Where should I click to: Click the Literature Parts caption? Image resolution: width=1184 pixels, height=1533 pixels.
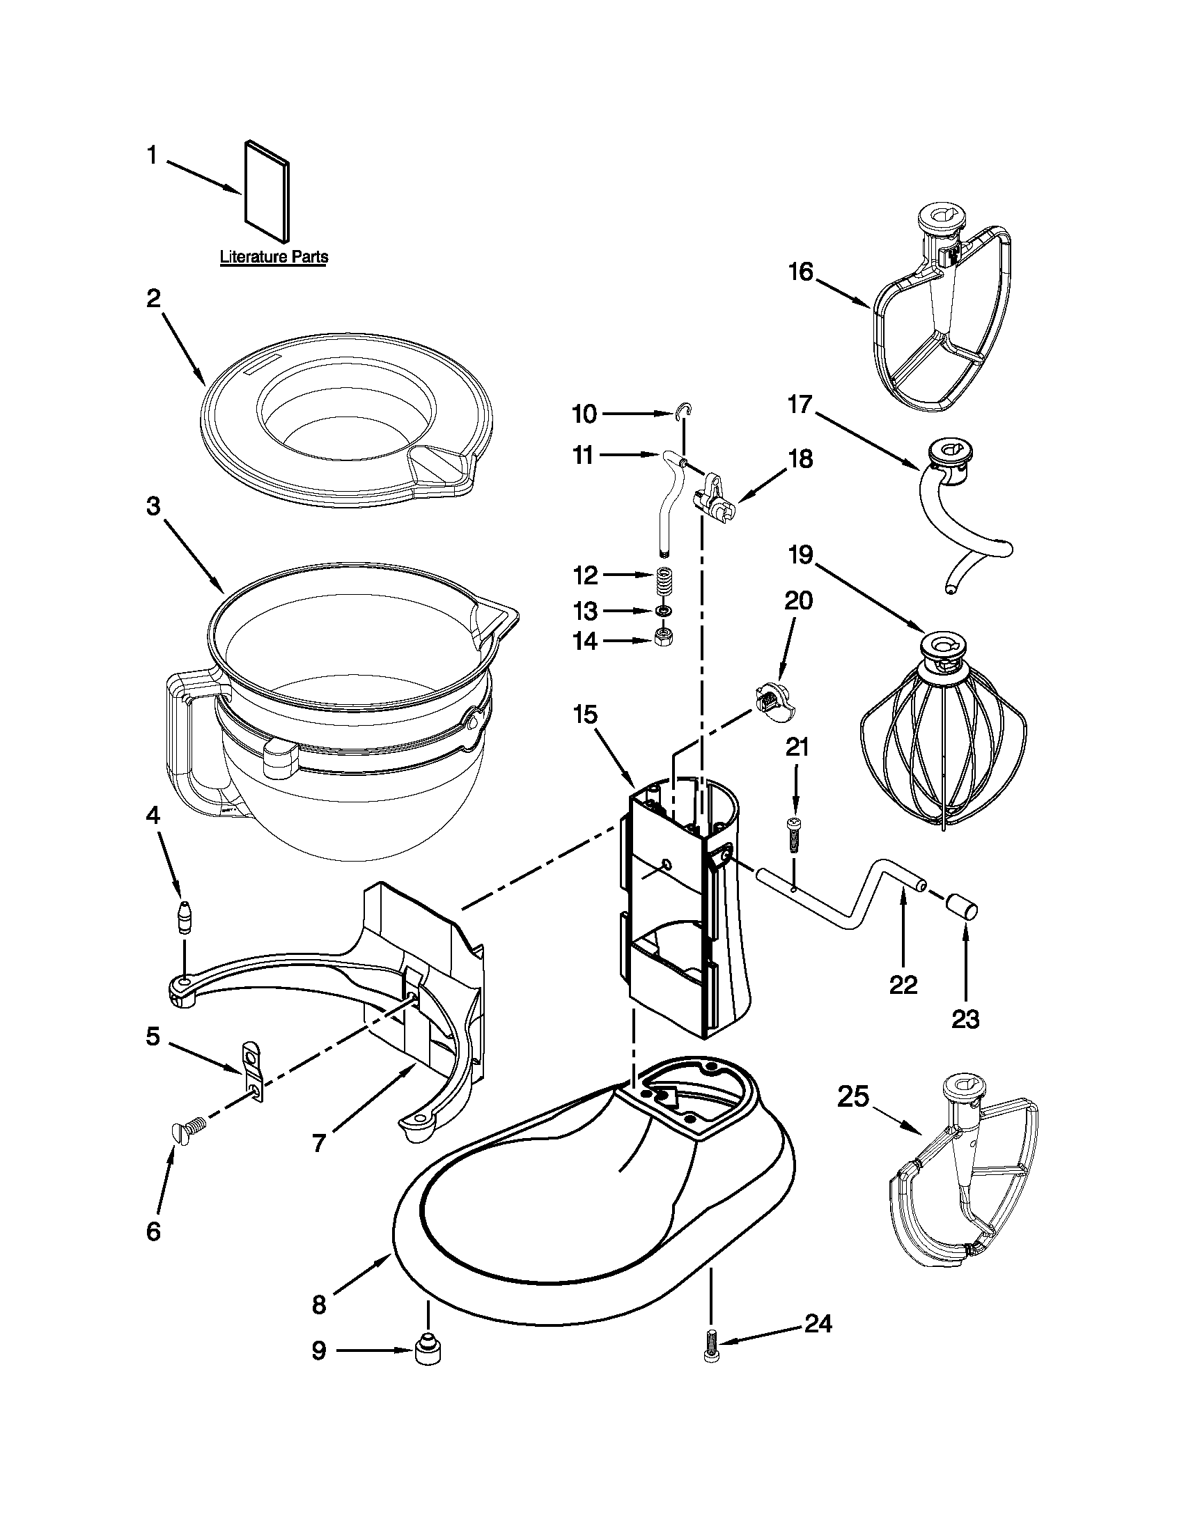click(x=274, y=257)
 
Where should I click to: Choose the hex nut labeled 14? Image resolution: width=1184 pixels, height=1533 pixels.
click(x=663, y=637)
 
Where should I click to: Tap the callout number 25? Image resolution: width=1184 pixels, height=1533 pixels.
click(x=853, y=1096)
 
